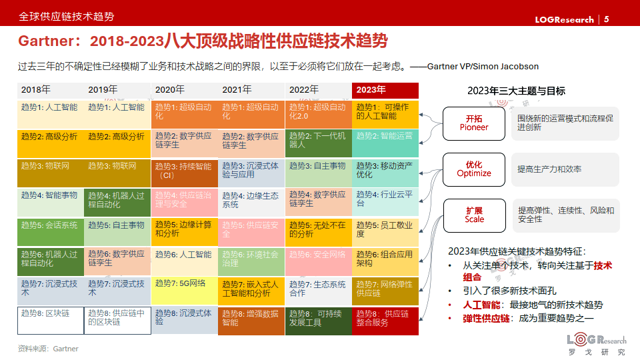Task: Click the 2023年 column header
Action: coord(385,90)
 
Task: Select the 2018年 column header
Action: coord(51,90)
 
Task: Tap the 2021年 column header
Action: coord(251,90)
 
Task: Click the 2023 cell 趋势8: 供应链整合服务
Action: coord(385,320)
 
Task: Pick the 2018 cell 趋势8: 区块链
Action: coord(50,320)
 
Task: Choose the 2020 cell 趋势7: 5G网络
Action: coord(185,291)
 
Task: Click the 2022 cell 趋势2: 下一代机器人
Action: coord(318,143)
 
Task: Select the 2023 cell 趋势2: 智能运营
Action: coord(385,143)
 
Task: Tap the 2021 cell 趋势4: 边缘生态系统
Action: coord(251,202)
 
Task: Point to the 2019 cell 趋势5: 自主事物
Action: coord(117,231)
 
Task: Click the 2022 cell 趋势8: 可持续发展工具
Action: coord(318,320)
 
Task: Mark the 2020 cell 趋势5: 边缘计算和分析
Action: coord(185,231)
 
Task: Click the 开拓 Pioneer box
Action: coord(474,123)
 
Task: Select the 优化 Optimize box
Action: coord(474,169)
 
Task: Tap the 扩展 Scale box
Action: coord(474,215)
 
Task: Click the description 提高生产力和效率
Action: coord(549,169)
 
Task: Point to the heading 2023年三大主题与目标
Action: coord(516,91)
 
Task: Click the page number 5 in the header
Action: coord(606,19)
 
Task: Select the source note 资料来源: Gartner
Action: coord(48,349)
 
